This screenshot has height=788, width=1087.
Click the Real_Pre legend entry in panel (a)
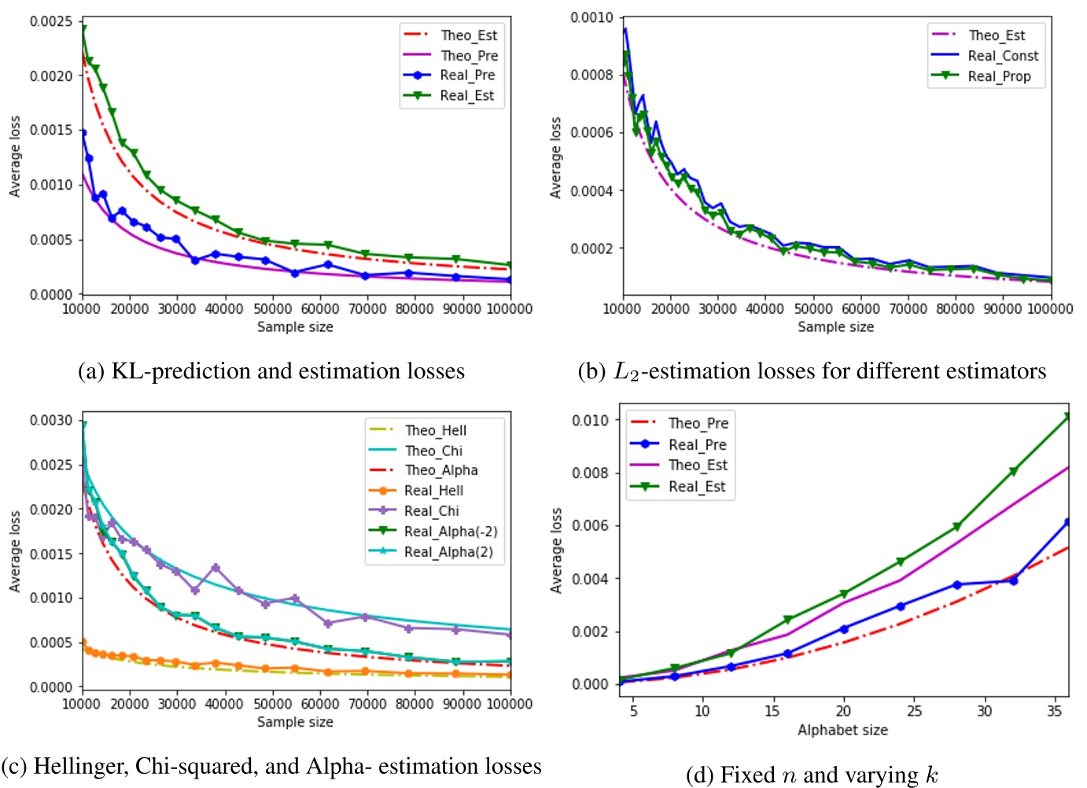tap(467, 75)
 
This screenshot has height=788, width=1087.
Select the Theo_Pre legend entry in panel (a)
tap(469, 56)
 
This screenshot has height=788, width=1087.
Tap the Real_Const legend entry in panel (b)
tap(1003, 56)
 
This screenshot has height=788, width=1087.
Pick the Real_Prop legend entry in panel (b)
tap(999, 76)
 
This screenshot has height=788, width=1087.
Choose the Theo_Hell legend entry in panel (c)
tap(435, 430)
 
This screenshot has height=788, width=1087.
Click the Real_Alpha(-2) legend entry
tap(451, 532)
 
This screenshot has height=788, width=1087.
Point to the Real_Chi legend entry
tap(431, 511)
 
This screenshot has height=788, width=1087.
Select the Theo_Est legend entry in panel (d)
tap(698, 466)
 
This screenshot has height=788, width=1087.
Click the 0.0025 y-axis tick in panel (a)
tap(51, 21)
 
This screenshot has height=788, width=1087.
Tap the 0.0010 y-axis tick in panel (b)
tap(591, 17)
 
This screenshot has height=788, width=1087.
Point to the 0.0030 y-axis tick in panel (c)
tap(51, 420)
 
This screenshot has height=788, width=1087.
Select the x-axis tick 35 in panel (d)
tap(1055, 711)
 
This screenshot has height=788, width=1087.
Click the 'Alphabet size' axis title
tap(842, 730)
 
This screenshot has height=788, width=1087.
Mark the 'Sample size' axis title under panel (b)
tap(835, 327)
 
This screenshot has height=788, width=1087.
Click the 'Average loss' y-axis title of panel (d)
tap(556, 550)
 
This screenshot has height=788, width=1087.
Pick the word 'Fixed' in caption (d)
tap(747, 775)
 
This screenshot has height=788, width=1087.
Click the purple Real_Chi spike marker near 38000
tap(216, 568)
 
